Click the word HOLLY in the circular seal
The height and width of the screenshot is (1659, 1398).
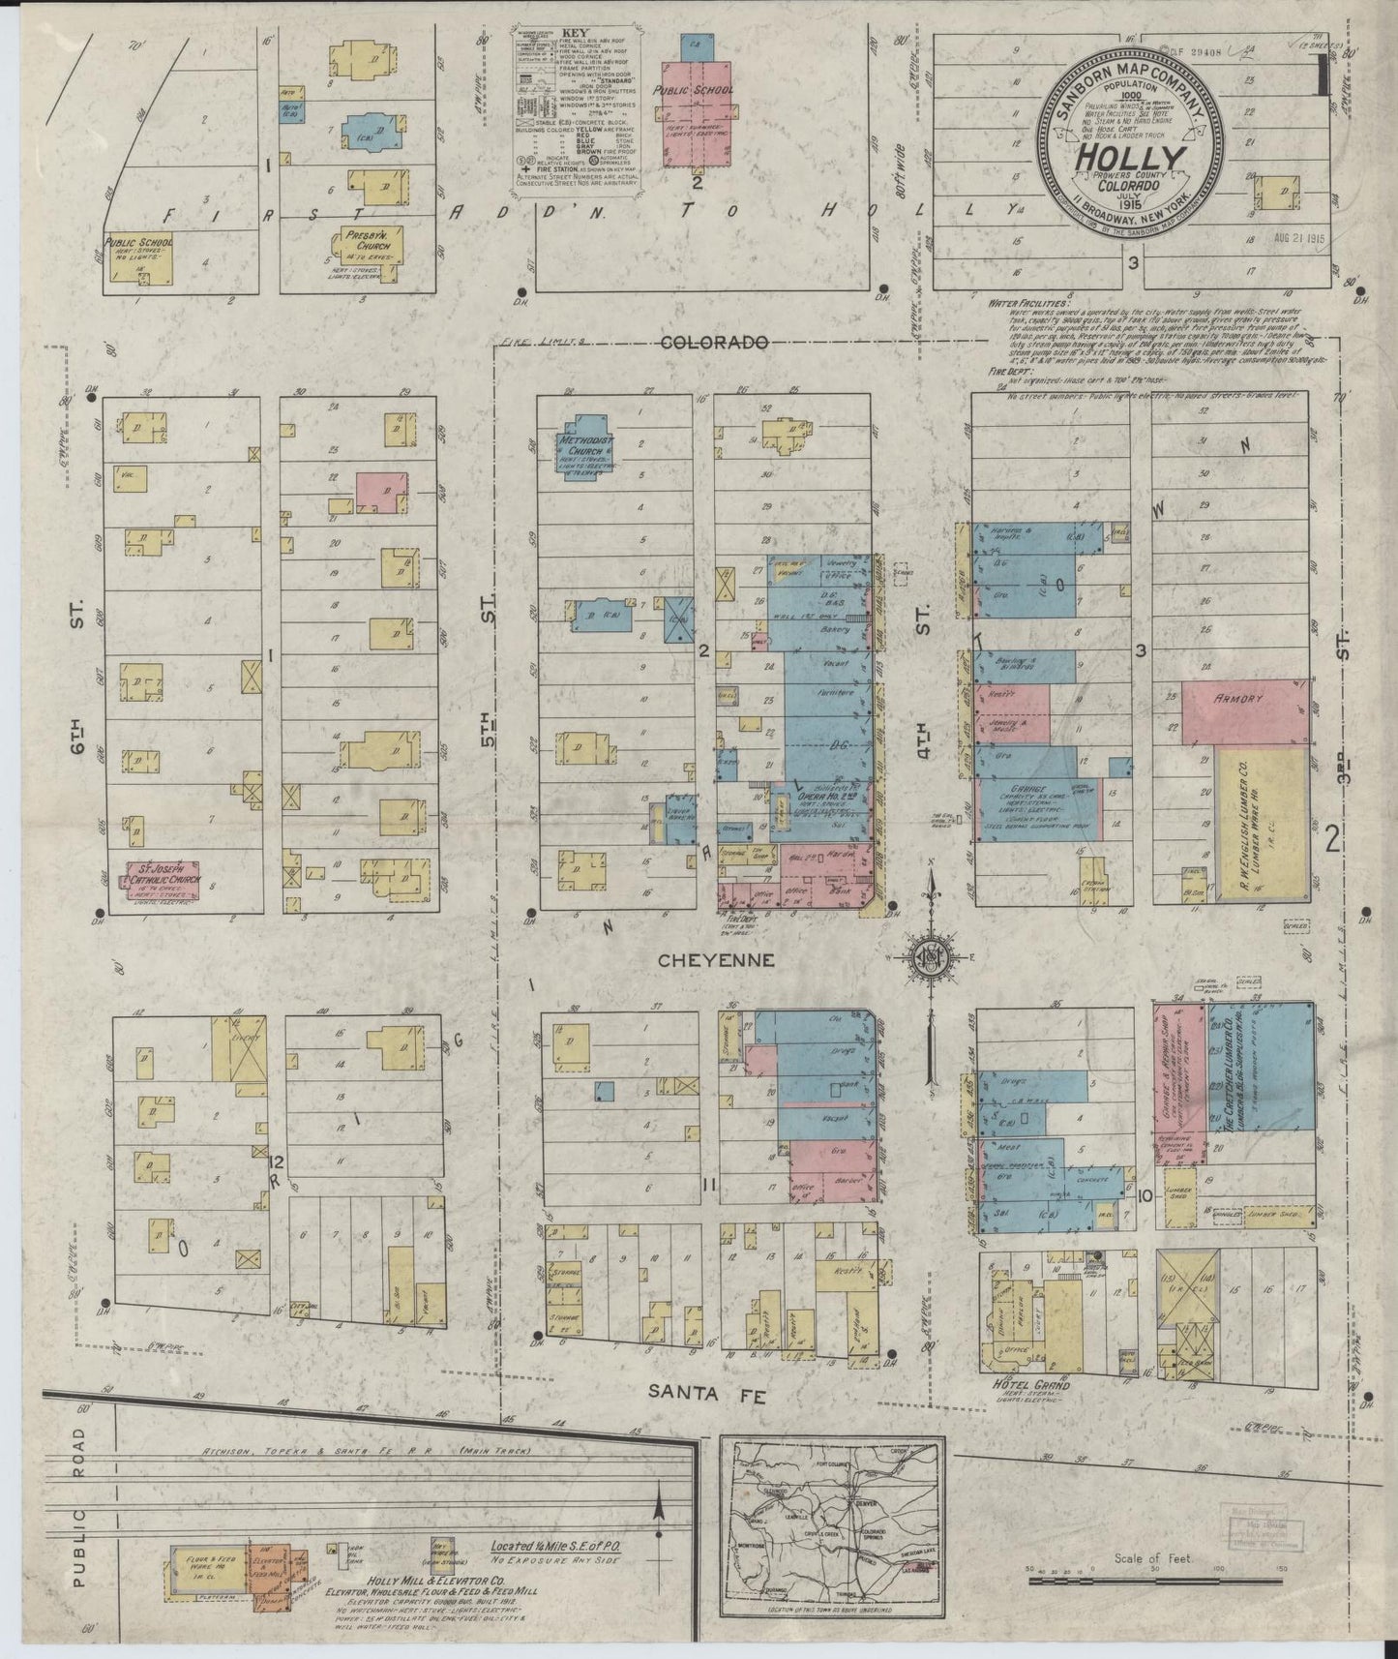[1129, 158]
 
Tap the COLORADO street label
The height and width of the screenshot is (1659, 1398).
[717, 343]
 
